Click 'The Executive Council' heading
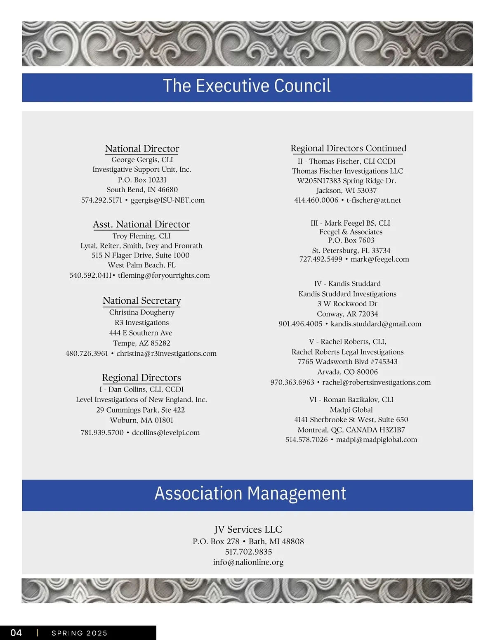click(x=247, y=86)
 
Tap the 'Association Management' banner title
click(x=250, y=494)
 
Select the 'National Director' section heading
click(x=142, y=149)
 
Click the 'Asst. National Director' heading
click(x=141, y=224)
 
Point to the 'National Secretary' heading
click(x=142, y=301)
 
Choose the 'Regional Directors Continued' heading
click(x=348, y=148)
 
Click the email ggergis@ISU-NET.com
click(x=167, y=200)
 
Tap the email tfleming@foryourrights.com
click(x=164, y=275)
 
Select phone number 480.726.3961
click(x=87, y=354)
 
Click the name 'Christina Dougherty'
click(x=142, y=312)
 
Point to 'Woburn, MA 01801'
click(x=141, y=420)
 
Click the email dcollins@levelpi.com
click(x=166, y=432)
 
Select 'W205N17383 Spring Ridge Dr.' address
click(x=346, y=181)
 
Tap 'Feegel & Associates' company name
click(x=351, y=232)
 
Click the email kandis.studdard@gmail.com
click(x=376, y=324)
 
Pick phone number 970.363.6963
click(x=292, y=383)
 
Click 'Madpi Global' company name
click(x=351, y=410)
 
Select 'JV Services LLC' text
click(x=248, y=529)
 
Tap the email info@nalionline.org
click(x=248, y=562)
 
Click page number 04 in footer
click(x=16, y=633)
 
